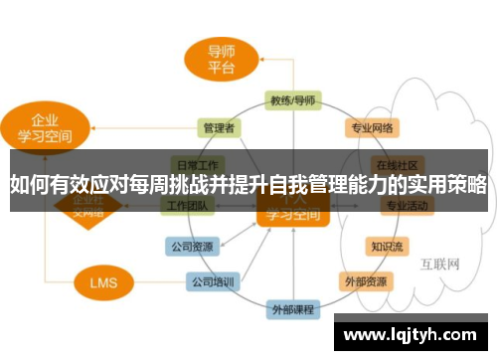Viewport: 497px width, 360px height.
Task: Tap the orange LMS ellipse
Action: tap(101, 282)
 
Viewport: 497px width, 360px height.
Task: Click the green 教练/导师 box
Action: tap(292, 100)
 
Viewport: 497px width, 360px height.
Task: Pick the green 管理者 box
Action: tap(218, 128)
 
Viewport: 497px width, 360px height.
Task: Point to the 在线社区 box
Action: tap(400, 163)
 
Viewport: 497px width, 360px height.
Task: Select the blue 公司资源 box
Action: tap(188, 245)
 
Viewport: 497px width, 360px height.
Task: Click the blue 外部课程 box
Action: tap(293, 309)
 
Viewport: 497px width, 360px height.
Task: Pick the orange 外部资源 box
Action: tap(366, 280)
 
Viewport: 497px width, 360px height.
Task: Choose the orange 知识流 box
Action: tap(386, 245)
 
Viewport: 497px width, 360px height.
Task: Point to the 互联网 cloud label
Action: tap(437, 265)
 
